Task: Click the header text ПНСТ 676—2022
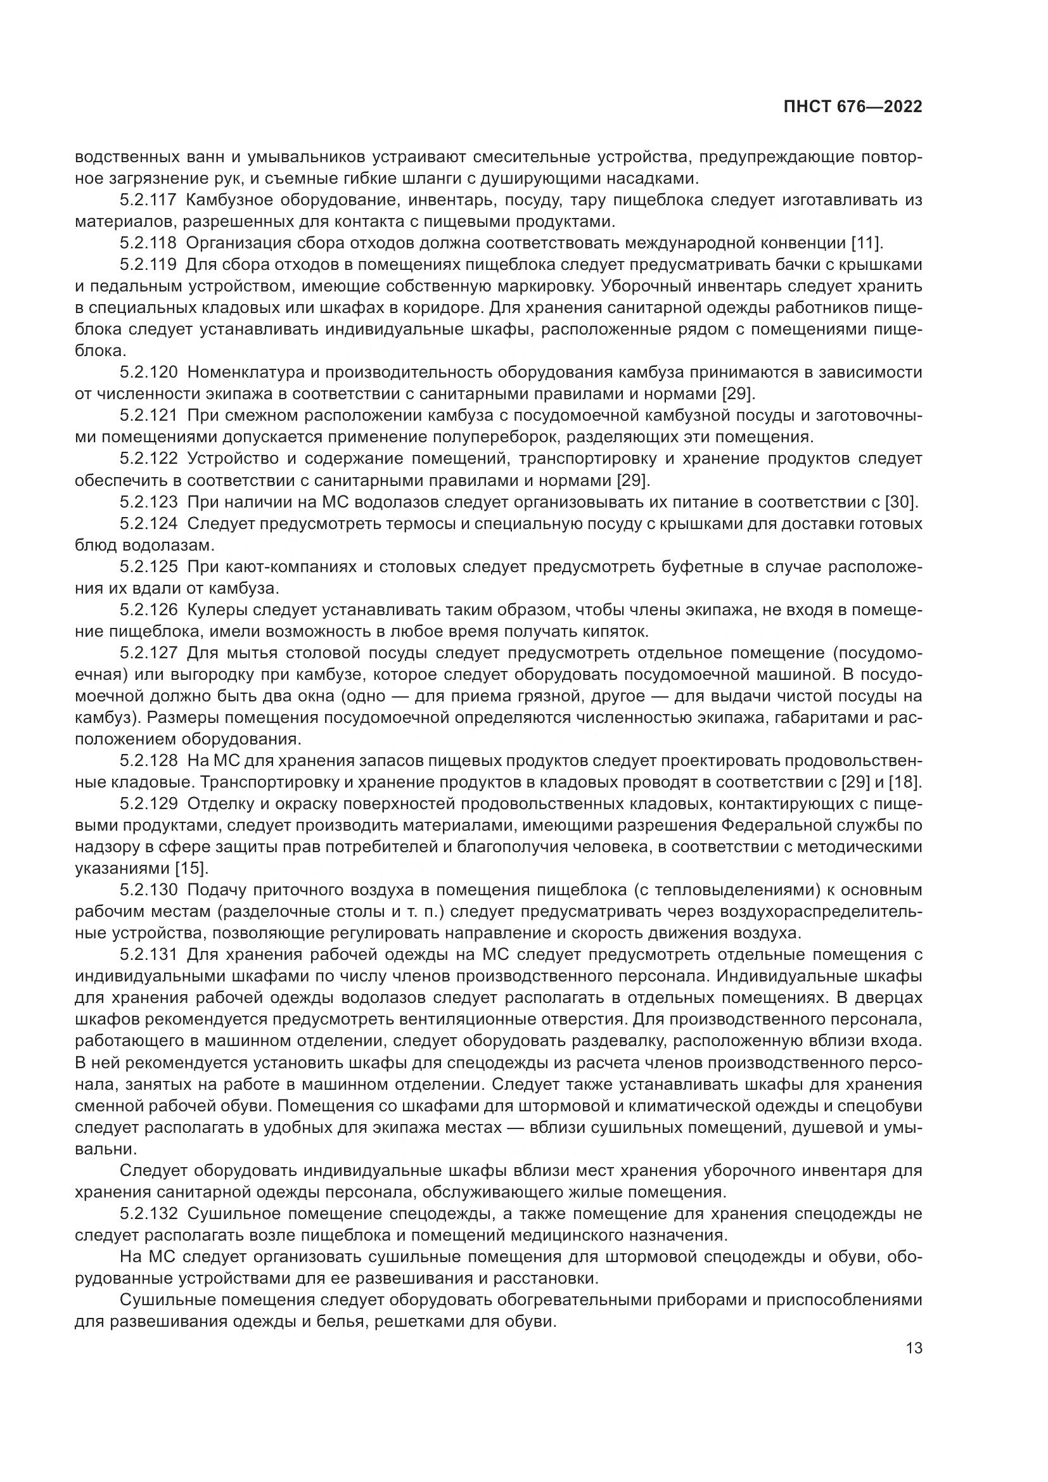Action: click(x=852, y=107)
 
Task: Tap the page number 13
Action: click(x=914, y=1348)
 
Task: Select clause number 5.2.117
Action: click(x=148, y=200)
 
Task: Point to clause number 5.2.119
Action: click(x=148, y=265)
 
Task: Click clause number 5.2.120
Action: click(x=148, y=373)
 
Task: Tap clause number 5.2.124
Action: click(x=148, y=523)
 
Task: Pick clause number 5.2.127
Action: click(x=148, y=653)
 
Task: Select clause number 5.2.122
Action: click(x=148, y=459)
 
